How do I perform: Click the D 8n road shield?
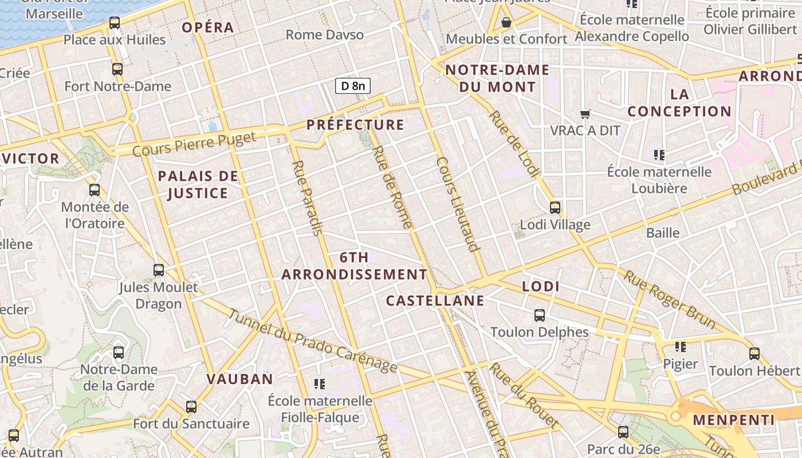coord(353,86)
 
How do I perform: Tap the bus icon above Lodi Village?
coord(555,207)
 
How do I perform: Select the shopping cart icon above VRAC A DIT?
coord(585,114)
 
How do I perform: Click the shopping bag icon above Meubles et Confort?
coord(506,22)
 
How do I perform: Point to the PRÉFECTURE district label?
coord(355,125)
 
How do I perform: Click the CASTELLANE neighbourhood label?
coord(435,301)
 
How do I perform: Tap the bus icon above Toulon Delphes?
coord(539,315)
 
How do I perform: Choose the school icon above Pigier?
coord(680,346)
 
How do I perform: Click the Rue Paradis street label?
coord(307,198)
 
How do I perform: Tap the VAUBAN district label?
coord(239,379)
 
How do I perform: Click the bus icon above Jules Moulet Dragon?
coord(158,270)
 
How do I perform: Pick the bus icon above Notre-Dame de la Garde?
coord(118,352)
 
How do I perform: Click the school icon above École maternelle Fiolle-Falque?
coord(320,384)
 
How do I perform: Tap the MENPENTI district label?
coord(733,420)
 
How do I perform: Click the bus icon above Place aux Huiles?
coord(114,23)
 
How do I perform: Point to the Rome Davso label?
coord(324,35)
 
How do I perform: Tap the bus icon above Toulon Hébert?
coord(754,353)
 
